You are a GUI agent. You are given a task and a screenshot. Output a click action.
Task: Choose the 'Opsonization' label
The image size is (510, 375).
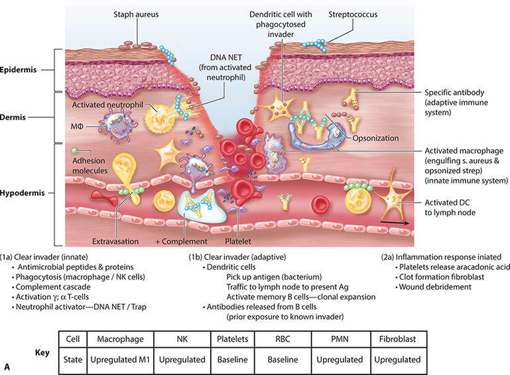click(375, 138)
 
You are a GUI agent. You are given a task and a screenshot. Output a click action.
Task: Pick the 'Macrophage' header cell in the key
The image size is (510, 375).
click(122, 339)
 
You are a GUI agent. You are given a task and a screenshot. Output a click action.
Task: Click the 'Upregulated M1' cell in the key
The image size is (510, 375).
click(122, 359)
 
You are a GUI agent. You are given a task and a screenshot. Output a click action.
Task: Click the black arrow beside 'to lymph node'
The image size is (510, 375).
click(401, 224)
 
